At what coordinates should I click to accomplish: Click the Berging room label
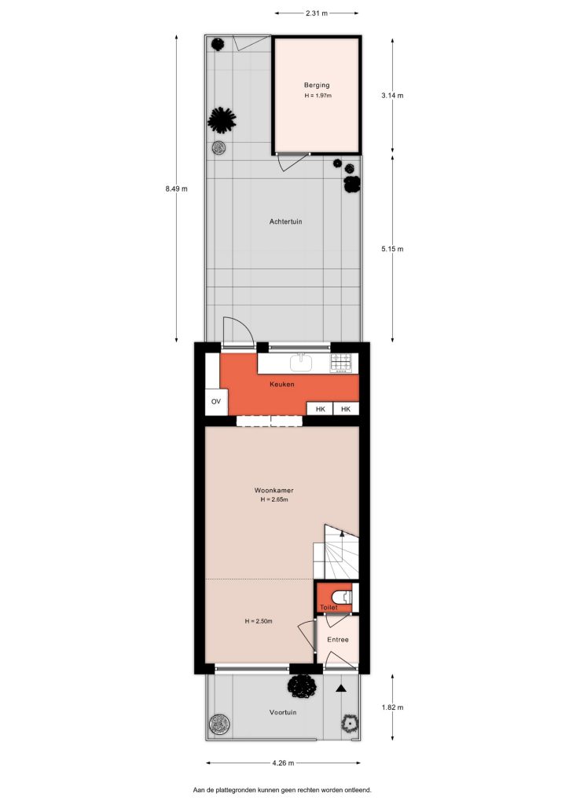coord(317,85)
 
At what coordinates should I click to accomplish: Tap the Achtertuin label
coord(286,221)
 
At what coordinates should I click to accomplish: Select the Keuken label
coord(282,384)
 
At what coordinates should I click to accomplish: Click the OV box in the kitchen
coord(216,401)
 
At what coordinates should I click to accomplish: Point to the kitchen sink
coord(301,362)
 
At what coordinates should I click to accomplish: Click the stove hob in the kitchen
coord(340,362)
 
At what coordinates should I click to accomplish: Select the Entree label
coord(338,639)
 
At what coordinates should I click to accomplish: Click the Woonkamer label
coord(274,490)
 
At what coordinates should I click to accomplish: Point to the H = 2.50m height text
coord(259,621)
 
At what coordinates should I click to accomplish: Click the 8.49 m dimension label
coord(177,188)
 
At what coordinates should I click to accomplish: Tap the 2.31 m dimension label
coord(317,13)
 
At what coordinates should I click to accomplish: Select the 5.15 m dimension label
coord(392,249)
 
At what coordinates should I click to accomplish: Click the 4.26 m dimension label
coord(283,763)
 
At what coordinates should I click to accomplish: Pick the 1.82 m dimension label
coord(392,707)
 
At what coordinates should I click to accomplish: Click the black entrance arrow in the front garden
coord(340,689)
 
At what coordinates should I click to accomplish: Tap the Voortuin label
coord(283,712)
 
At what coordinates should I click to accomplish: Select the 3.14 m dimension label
coord(392,95)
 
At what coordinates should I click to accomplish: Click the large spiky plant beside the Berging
coord(222,120)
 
